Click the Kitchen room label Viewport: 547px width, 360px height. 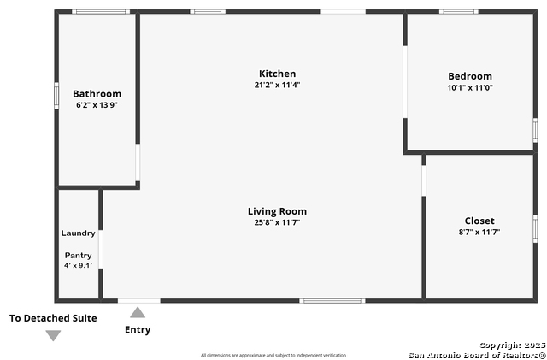277,74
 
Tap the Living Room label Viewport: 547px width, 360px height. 277,211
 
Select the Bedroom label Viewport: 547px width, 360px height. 470,76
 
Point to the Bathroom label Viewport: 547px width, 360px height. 97,94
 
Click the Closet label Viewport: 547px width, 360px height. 479,221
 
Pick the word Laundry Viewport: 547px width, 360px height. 78,233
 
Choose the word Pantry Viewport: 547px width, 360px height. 78,255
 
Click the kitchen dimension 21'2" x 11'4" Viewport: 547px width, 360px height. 277,85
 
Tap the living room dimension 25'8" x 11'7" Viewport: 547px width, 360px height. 277,222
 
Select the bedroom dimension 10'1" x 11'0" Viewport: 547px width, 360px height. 470,87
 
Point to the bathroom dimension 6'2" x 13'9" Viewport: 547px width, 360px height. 97,105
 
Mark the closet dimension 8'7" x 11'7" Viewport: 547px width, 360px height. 479,232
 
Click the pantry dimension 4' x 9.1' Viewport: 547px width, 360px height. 78,265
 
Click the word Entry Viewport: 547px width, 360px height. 138,330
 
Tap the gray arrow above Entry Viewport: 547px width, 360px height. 138,313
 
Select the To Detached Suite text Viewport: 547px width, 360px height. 53,318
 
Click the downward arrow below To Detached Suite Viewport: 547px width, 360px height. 53,335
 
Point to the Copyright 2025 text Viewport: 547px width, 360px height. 512,345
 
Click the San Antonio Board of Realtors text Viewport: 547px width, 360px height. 476,354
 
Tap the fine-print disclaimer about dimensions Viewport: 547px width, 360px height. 273,355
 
